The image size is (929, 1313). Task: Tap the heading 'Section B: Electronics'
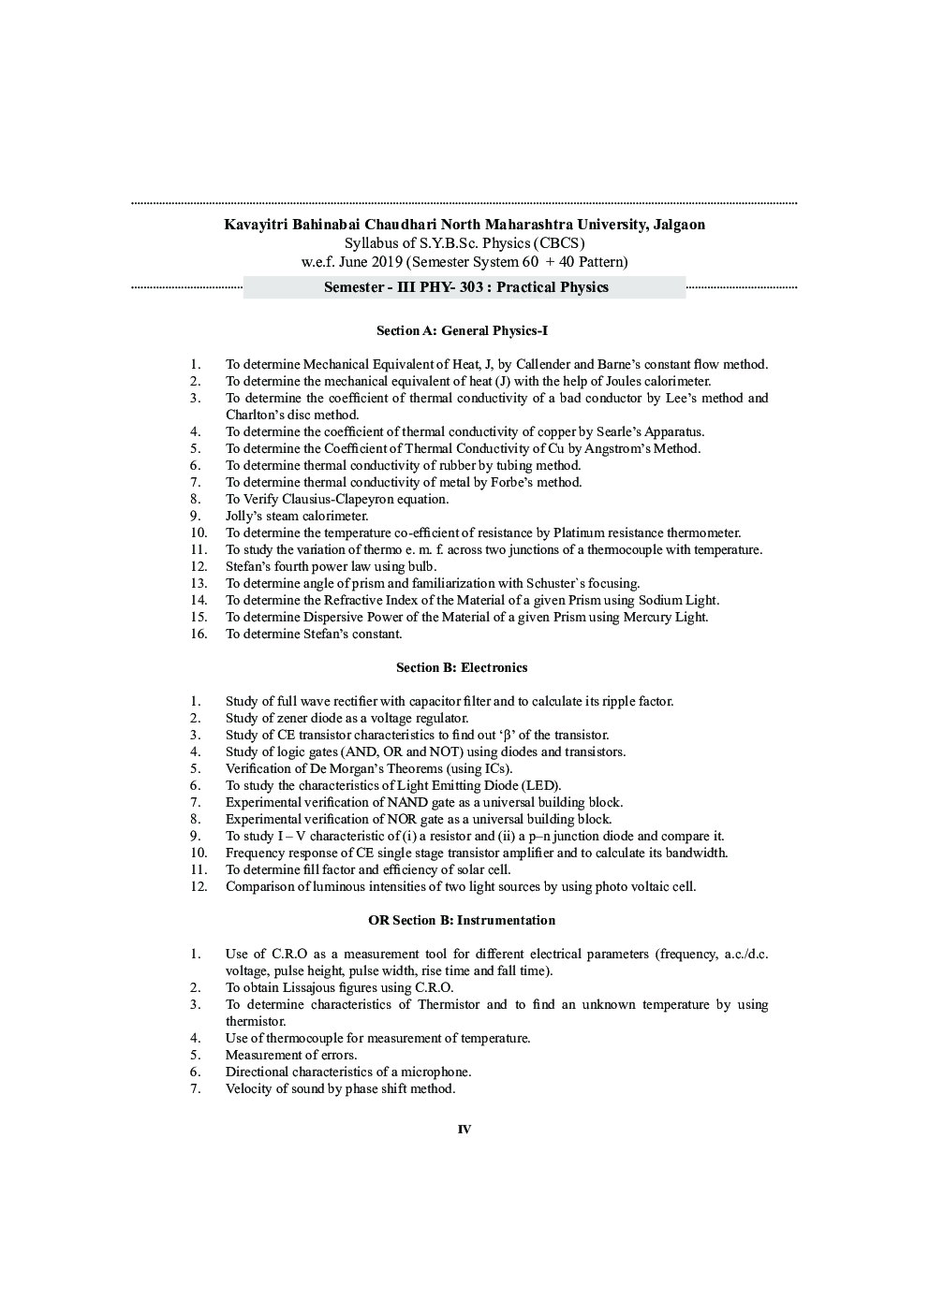[x=462, y=667]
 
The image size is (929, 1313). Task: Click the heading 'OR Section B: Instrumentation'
[x=462, y=920]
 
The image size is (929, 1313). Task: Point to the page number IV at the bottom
[x=464, y=1130]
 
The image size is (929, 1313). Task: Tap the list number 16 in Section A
[x=198, y=634]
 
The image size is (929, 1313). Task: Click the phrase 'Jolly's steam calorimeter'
[x=296, y=516]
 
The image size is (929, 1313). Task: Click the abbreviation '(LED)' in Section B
[x=540, y=785]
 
